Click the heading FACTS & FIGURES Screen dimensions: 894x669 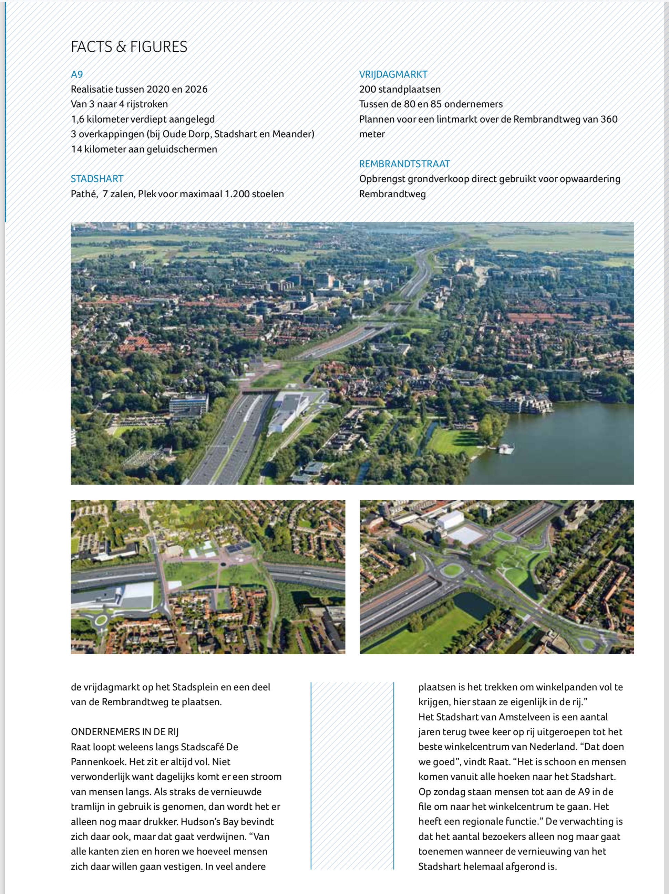coord(129,47)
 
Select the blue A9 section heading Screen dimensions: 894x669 coord(77,74)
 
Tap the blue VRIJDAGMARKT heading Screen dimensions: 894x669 coord(393,74)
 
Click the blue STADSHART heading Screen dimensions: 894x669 coord(97,179)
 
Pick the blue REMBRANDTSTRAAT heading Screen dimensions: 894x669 coord(404,164)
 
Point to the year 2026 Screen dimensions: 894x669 coord(196,89)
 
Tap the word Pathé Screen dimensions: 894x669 coord(84,194)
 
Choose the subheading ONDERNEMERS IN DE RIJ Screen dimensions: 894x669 coord(124,731)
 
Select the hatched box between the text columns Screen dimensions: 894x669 coord(352,776)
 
